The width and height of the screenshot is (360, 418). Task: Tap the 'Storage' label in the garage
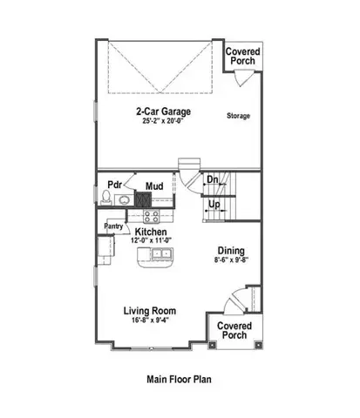click(239, 115)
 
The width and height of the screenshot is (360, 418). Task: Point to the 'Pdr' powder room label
click(113, 185)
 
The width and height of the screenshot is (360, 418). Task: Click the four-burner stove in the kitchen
click(151, 215)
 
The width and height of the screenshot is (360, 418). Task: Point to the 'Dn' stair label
click(212, 181)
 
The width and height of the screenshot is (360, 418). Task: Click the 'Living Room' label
click(150, 309)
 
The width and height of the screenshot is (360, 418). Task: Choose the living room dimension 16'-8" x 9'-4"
click(150, 320)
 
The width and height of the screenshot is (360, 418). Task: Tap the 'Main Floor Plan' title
click(179, 380)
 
